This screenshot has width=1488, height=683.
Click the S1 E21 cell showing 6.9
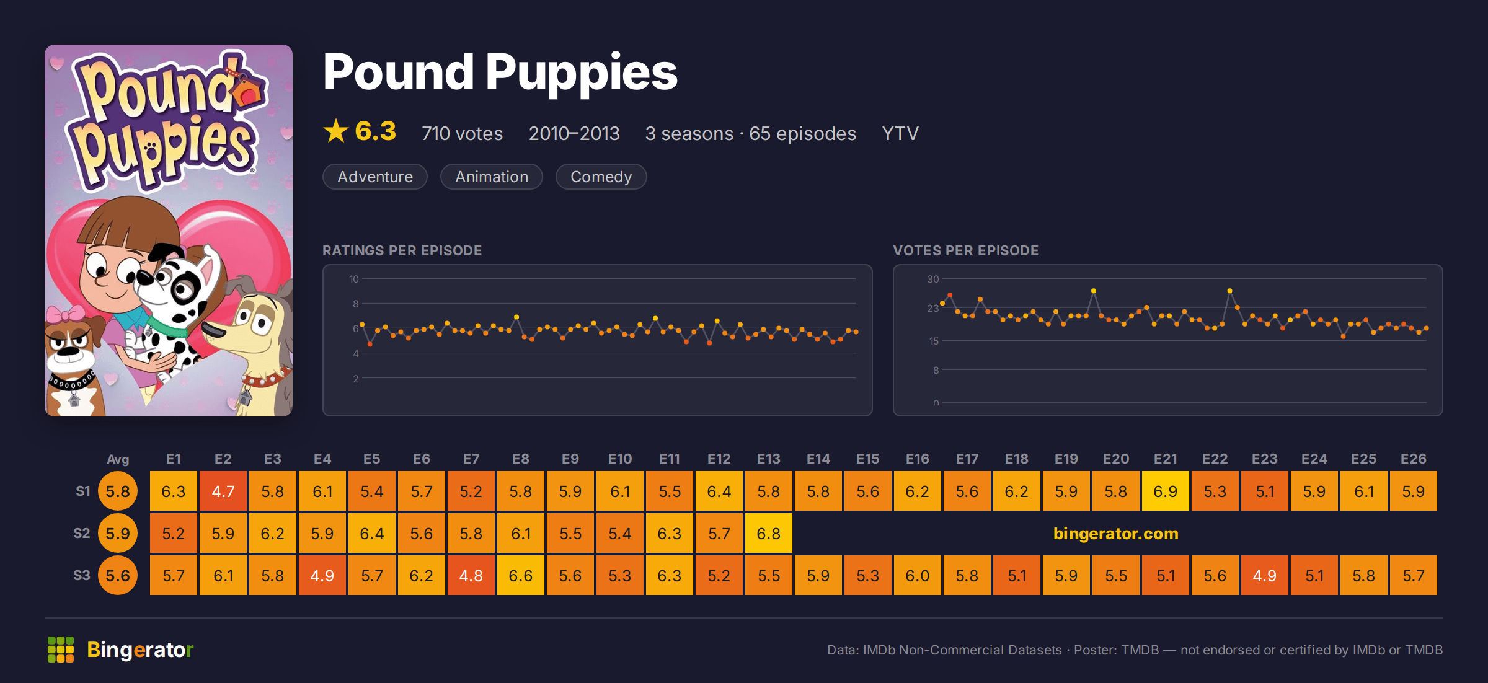pos(1166,491)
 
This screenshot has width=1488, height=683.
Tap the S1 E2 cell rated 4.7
pos(223,491)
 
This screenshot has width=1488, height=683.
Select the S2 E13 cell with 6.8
pos(769,533)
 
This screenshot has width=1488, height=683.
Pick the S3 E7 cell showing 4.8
pos(471,575)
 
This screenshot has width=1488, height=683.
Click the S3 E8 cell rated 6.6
pos(521,575)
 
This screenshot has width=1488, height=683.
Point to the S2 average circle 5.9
pos(118,533)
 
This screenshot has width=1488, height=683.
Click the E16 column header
pos(918,459)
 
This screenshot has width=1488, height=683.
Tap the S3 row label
pos(82,575)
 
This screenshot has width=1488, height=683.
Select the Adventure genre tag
pos(375,177)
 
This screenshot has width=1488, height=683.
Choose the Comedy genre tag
pos(601,177)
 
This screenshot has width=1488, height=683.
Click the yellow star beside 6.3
pos(336,131)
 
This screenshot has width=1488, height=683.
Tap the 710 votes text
pos(462,133)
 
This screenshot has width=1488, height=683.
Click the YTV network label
pos(900,133)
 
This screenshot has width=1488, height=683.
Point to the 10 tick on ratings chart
pos(353,279)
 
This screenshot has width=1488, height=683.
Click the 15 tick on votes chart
pos(934,341)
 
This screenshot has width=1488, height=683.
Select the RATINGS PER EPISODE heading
pos(402,250)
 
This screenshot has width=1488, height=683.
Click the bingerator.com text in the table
pos(1116,533)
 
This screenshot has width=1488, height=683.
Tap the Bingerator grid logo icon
pos(61,650)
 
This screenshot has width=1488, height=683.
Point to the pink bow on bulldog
pos(64,314)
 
